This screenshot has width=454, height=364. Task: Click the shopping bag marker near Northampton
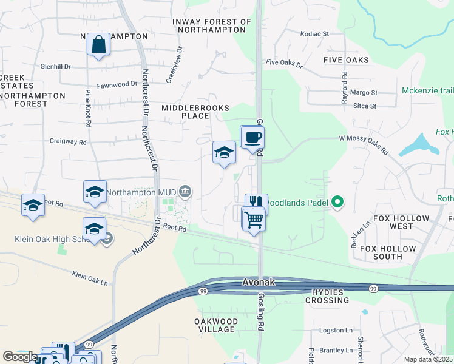click(x=98, y=45)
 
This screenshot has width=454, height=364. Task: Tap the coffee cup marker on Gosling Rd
click(x=252, y=137)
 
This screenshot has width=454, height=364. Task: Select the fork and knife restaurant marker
click(x=256, y=203)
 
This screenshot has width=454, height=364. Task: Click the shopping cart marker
click(x=254, y=218)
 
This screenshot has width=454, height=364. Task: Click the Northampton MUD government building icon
click(x=186, y=192)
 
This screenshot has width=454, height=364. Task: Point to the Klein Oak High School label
click(x=52, y=239)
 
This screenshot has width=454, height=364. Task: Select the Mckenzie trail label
click(x=428, y=91)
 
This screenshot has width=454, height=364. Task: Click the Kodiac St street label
click(x=314, y=34)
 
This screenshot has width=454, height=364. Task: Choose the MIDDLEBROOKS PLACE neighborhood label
click(x=195, y=112)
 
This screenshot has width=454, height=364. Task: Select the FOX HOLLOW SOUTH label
click(x=389, y=252)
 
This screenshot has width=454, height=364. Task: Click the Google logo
click(x=19, y=357)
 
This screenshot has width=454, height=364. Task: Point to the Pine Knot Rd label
click(x=89, y=108)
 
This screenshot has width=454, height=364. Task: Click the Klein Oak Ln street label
click(x=90, y=278)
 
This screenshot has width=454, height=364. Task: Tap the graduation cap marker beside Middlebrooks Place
click(x=224, y=152)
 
